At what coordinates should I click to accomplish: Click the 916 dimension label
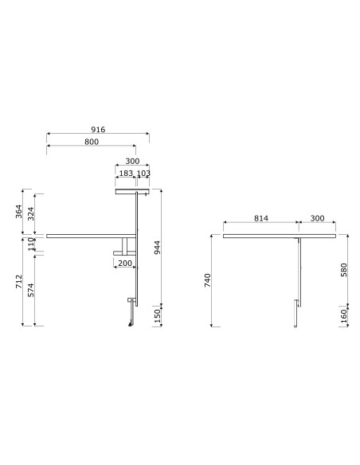point(98,130)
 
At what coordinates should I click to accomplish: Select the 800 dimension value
point(92,142)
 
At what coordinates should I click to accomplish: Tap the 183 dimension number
point(126,174)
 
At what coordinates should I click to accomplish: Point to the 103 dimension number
point(143,174)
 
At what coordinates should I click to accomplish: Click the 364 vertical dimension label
point(19,211)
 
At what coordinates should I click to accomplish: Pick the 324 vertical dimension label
point(31,213)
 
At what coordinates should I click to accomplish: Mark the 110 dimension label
point(31,244)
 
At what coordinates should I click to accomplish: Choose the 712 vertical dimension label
point(19,281)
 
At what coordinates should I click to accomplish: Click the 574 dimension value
point(31,290)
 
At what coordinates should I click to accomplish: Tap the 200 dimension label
point(125,263)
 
